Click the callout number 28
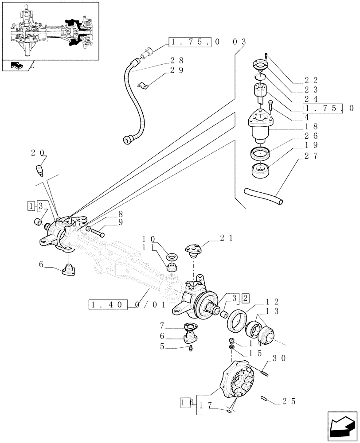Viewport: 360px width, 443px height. [x=176, y=61]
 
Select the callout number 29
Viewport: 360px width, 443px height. [x=176, y=70]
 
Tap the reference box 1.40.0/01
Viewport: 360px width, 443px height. [x=127, y=304]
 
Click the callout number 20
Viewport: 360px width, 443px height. [x=38, y=153]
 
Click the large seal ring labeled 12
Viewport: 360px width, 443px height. [x=238, y=320]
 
